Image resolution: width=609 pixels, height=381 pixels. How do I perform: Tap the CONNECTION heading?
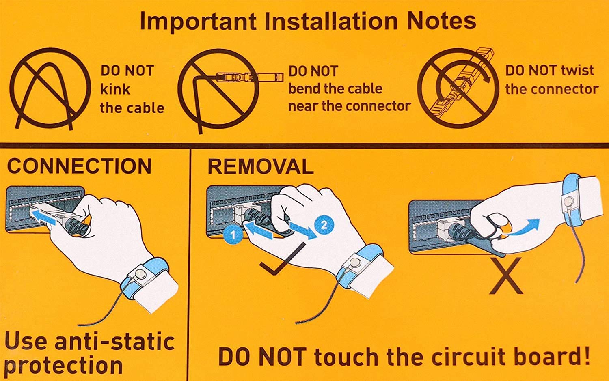coord(79,166)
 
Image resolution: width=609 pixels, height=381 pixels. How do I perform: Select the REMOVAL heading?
coord(261,166)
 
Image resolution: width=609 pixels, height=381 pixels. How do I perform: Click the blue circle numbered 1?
coord(233,235)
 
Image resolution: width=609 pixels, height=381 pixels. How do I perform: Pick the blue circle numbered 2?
coord(324,225)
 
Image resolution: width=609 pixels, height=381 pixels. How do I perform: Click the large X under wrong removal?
coord(506,276)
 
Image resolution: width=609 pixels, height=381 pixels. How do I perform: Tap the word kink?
coord(115,89)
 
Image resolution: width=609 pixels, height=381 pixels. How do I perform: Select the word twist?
coord(577,70)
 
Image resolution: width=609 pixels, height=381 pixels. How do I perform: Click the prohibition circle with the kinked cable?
coord(50,49)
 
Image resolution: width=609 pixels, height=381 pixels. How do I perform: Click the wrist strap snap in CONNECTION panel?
coord(140,273)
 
